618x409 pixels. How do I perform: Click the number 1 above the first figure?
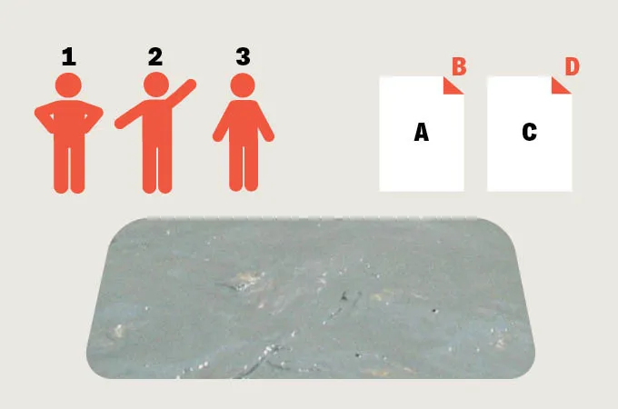(68, 57)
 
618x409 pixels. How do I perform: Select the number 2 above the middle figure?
(155, 57)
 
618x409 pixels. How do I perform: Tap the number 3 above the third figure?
(243, 57)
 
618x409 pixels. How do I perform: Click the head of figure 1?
(68, 86)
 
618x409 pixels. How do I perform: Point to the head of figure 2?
(155, 86)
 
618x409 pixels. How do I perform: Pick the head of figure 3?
(243, 86)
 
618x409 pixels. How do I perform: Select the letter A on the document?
(421, 133)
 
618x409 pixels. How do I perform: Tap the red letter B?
(459, 67)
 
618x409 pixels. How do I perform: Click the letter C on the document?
(530, 133)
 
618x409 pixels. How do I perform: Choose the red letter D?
(572, 67)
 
